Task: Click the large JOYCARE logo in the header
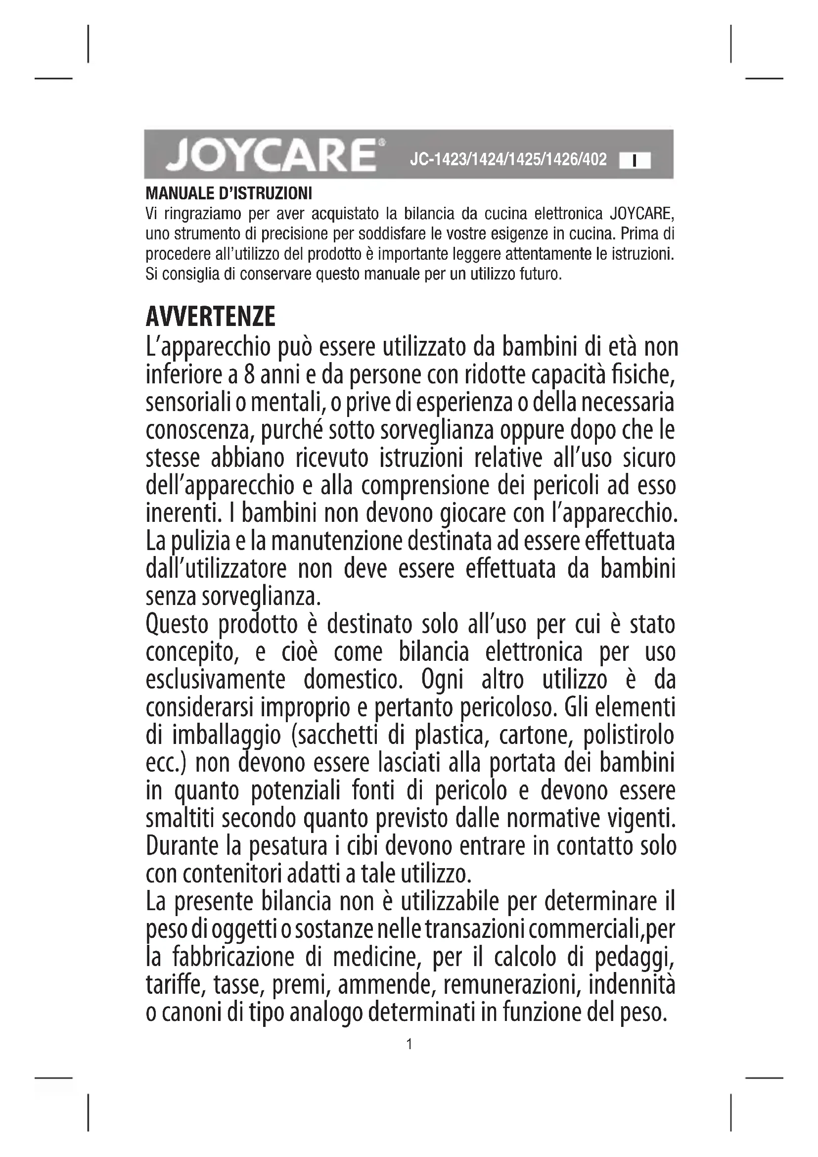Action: [272, 154]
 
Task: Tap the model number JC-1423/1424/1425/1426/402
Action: [508, 160]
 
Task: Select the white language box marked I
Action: [635, 161]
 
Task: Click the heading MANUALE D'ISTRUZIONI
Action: [228, 193]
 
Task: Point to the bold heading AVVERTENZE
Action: [211, 317]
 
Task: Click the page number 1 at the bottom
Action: [409, 1044]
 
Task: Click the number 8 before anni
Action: [249, 375]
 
